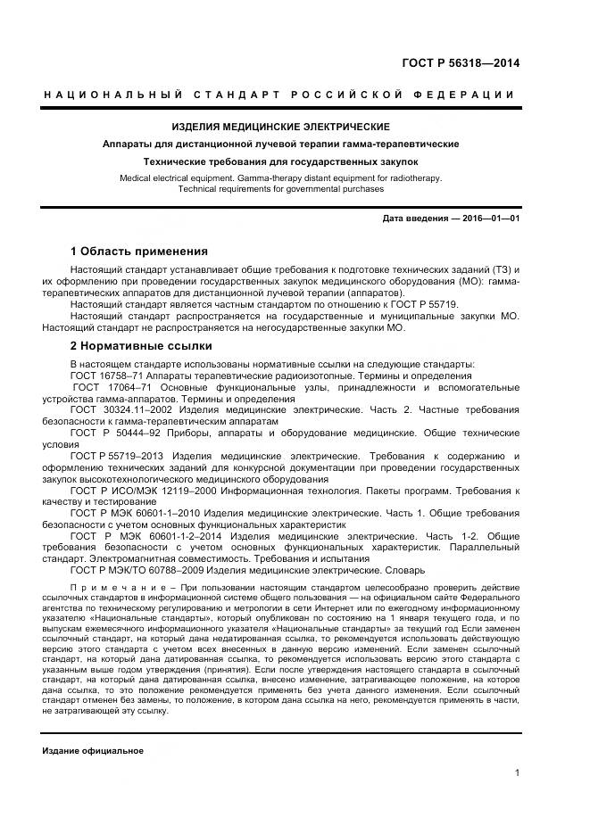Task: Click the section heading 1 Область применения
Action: click(139, 251)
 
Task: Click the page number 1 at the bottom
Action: click(517, 773)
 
